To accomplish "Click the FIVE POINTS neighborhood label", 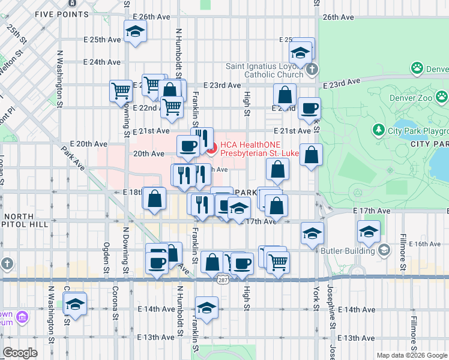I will click(62, 13).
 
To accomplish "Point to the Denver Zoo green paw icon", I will click(442, 96).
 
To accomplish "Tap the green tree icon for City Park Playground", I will click(378, 130).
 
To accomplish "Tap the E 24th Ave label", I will click(102, 62).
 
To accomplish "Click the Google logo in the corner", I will click(20, 353).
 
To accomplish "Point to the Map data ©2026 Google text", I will click(411, 355).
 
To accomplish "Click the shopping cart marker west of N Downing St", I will click(121, 91).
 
